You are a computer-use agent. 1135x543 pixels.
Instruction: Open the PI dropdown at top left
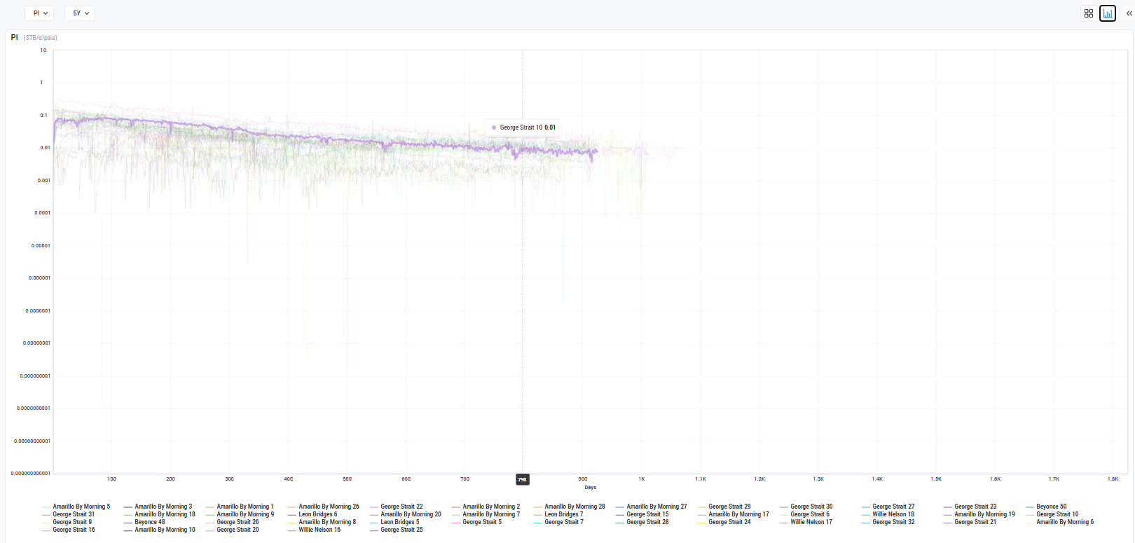pyautogui.click(x=39, y=13)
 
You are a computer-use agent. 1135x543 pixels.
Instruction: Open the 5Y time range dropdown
pyautogui.click(x=80, y=13)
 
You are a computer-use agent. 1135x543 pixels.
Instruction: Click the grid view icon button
pyautogui.click(x=1088, y=13)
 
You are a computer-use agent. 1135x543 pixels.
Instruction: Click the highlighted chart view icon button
pyautogui.click(x=1108, y=13)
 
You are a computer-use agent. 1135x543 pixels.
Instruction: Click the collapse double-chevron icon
pyautogui.click(x=1129, y=13)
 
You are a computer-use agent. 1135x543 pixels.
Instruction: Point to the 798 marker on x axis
pyautogui.click(x=522, y=480)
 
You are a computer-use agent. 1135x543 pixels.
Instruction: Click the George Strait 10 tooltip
pyautogui.click(x=523, y=128)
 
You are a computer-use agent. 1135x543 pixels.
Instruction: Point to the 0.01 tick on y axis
pyautogui.click(x=45, y=148)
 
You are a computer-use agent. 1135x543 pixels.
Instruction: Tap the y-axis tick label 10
pyautogui.click(x=43, y=50)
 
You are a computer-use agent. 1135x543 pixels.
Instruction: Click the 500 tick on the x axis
pyautogui.click(x=348, y=479)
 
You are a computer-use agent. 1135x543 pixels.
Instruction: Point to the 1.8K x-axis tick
pyautogui.click(x=1113, y=479)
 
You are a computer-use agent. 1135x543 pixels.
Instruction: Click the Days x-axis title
pyautogui.click(x=591, y=488)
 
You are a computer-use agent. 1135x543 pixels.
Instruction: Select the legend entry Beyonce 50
pyautogui.click(x=1051, y=507)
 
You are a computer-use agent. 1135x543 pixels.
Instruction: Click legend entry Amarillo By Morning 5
pyautogui.click(x=81, y=507)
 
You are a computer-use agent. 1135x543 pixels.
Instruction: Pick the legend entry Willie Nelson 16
pyautogui.click(x=319, y=530)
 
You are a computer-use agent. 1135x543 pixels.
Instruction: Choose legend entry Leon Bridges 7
pyautogui.click(x=563, y=514)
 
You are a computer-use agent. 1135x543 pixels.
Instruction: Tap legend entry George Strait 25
pyautogui.click(x=401, y=530)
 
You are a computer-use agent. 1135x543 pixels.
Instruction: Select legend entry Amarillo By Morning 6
pyautogui.click(x=1064, y=522)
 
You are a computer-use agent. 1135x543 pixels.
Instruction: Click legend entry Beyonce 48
pyautogui.click(x=150, y=522)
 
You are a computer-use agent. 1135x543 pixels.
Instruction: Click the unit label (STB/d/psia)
pyautogui.click(x=41, y=38)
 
